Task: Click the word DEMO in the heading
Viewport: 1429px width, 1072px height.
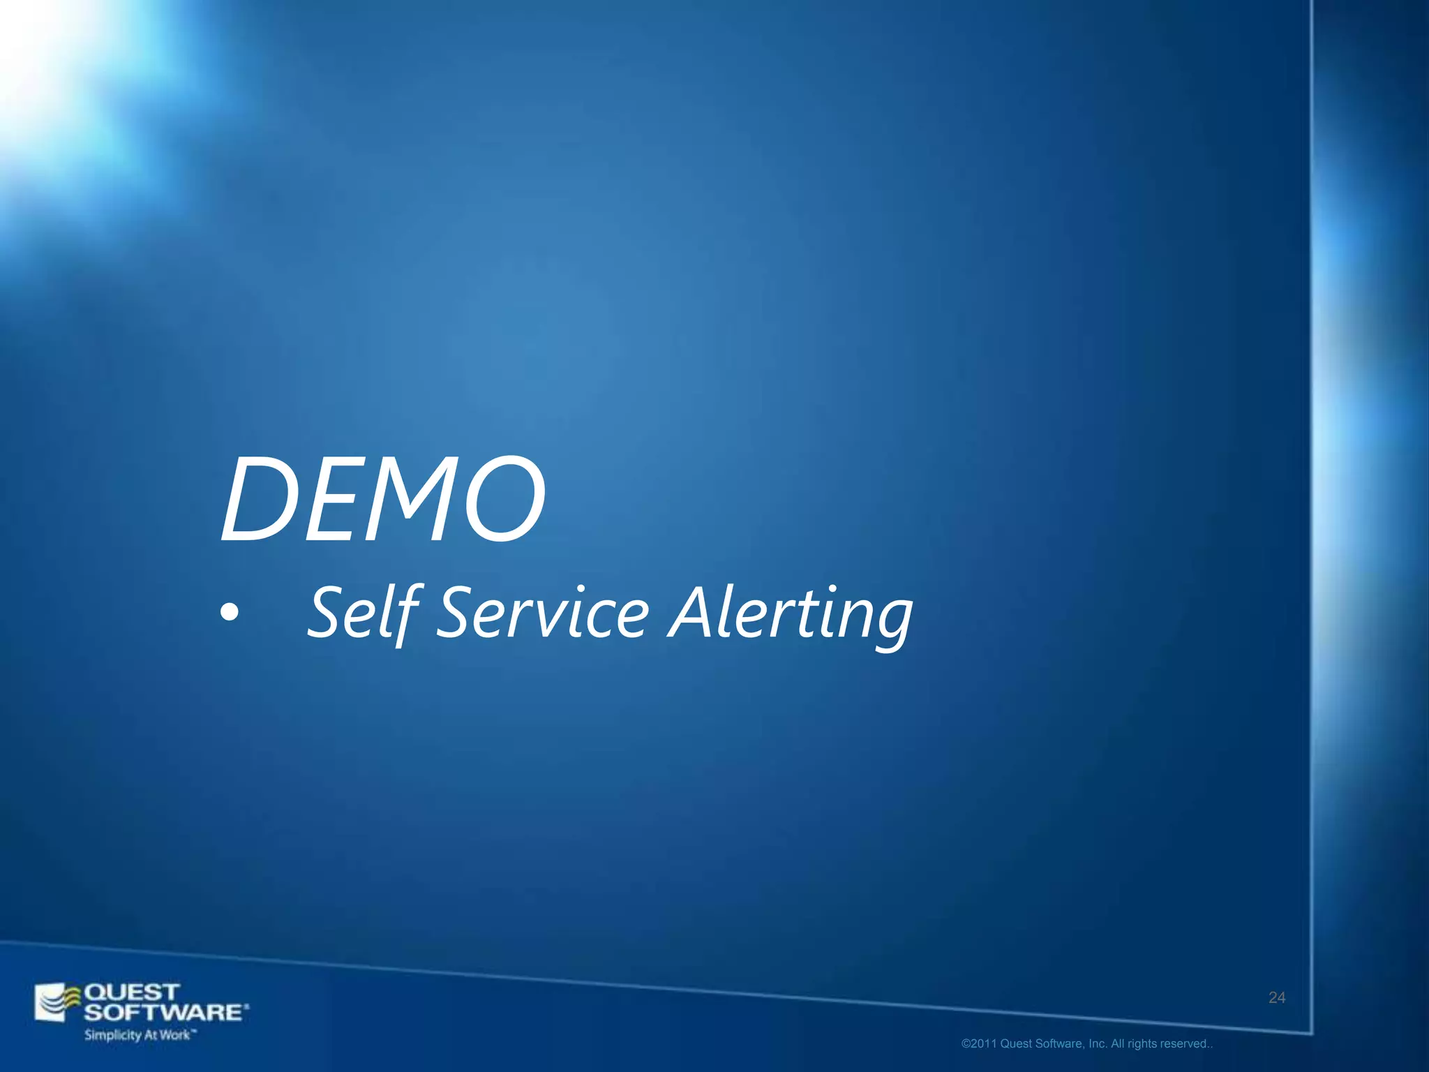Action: pyautogui.click(x=383, y=498)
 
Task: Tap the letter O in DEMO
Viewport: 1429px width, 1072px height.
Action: pyautogui.click(x=504, y=498)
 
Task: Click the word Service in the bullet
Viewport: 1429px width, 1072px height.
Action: pyautogui.click(x=543, y=612)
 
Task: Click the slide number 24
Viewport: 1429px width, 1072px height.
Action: pyautogui.click(x=1277, y=998)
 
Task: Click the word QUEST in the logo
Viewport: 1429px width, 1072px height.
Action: pyautogui.click(x=132, y=992)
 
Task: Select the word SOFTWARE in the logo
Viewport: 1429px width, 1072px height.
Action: pyautogui.click(x=165, y=1012)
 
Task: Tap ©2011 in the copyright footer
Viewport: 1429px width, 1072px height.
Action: pyautogui.click(x=979, y=1044)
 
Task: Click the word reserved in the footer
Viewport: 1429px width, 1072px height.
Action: pyautogui.click(x=1185, y=1044)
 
